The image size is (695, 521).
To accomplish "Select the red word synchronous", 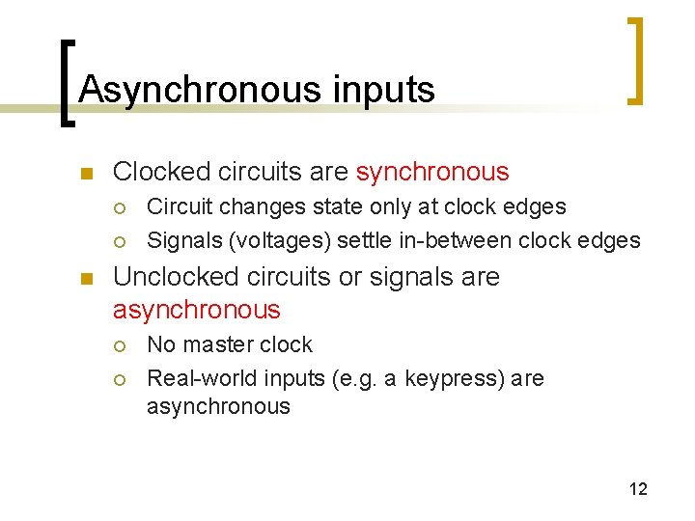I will click(x=431, y=172).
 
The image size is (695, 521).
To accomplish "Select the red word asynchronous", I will click(x=196, y=310).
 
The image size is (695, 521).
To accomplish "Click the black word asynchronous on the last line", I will click(x=217, y=406).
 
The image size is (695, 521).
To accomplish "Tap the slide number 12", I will click(x=638, y=489).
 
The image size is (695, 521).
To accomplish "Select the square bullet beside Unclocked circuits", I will click(x=85, y=279).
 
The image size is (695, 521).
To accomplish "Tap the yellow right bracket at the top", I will click(x=635, y=60).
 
